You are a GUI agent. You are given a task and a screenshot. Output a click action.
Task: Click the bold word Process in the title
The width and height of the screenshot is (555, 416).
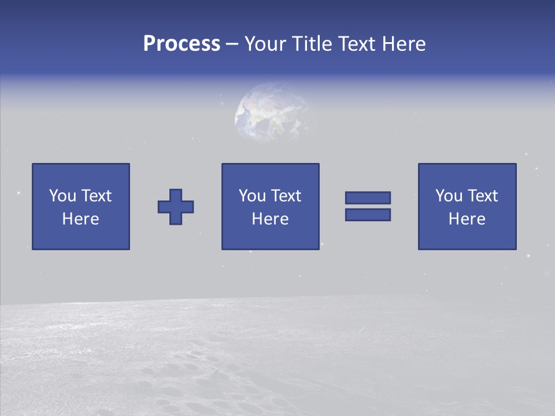click(182, 44)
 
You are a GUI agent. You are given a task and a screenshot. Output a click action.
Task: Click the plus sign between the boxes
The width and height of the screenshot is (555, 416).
click(176, 207)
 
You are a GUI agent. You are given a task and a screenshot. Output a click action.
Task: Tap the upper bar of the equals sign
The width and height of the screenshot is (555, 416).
click(368, 198)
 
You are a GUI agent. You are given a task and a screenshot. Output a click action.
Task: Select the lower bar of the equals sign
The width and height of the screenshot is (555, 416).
click(368, 215)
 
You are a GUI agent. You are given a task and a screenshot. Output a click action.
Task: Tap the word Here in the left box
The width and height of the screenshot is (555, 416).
click(81, 219)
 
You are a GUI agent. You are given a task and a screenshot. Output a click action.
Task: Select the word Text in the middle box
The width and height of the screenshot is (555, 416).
click(286, 196)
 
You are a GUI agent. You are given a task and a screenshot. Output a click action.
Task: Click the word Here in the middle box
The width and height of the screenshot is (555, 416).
click(271, 219)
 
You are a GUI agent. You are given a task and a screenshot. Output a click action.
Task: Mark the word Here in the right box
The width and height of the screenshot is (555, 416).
click(467, 219)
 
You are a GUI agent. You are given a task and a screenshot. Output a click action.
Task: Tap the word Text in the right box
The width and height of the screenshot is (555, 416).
click(482, 196)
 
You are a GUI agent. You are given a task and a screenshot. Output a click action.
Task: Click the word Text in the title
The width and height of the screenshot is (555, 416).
click(354, 44)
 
